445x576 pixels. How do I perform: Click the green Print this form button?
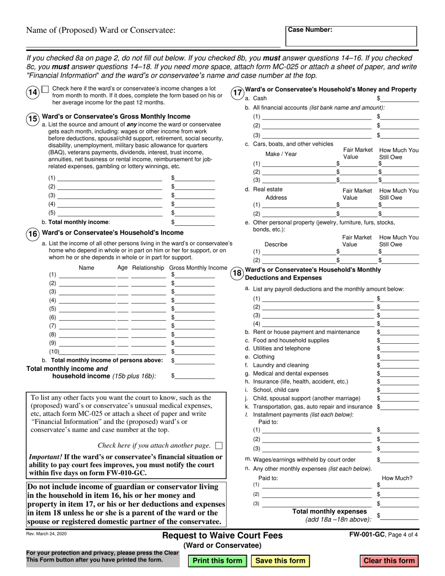217,561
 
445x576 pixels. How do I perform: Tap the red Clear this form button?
389,561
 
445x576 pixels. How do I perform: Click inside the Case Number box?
351,37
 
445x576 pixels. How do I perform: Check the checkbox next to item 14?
45,89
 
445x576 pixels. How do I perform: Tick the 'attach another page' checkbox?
219,445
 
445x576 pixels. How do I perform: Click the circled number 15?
32,119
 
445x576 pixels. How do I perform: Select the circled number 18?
237,273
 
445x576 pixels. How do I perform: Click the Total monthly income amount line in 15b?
194,222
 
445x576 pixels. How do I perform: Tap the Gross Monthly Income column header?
198,268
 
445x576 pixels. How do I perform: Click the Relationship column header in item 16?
148,268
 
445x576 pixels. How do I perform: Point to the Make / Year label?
281,154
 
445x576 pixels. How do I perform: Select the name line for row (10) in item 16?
88,351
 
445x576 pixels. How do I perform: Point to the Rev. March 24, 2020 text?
46,534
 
